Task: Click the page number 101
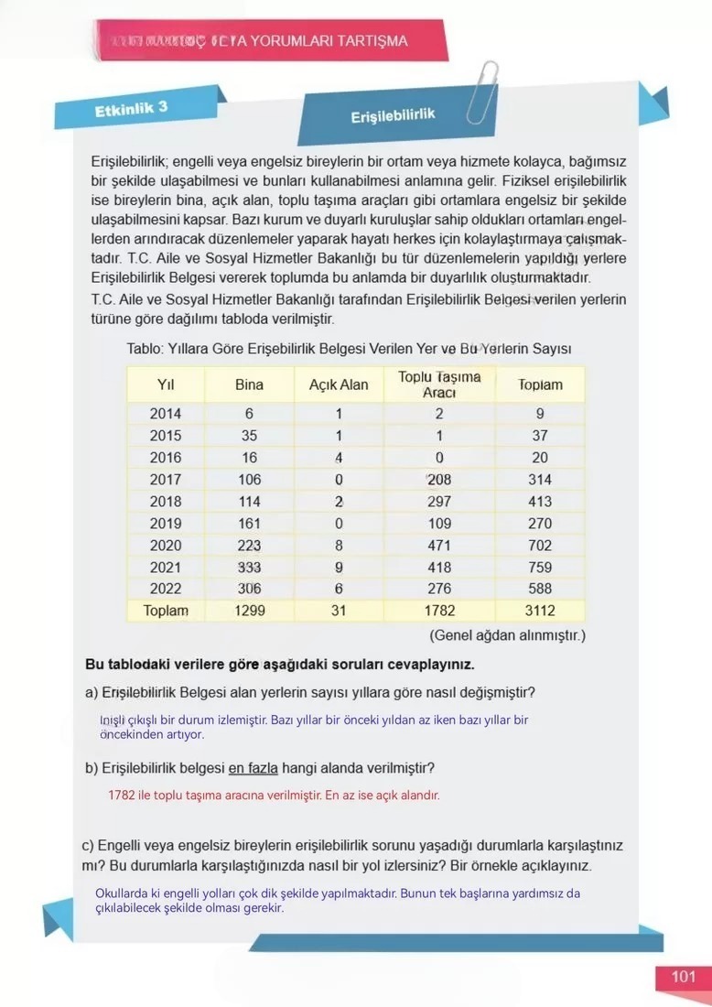point(683,977)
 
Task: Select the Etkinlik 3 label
point(131,109)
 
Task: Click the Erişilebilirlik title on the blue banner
point(392,117)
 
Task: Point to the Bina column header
point(249,384)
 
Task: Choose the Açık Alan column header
point(339,384)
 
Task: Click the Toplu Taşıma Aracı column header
point(439,384)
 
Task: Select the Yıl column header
point(166,384)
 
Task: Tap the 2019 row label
point(166,524)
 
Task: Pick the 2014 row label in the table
point(166,414)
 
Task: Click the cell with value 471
point(439,546)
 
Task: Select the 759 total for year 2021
point(540,568)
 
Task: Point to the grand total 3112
point(540,611)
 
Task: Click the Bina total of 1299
point(249,611)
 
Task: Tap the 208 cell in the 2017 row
point(439,480)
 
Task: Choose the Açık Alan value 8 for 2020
point(339,546)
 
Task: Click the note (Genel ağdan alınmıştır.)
point(507,634)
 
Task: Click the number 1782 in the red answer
point(122,796)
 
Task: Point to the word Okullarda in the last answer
point(123,893)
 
